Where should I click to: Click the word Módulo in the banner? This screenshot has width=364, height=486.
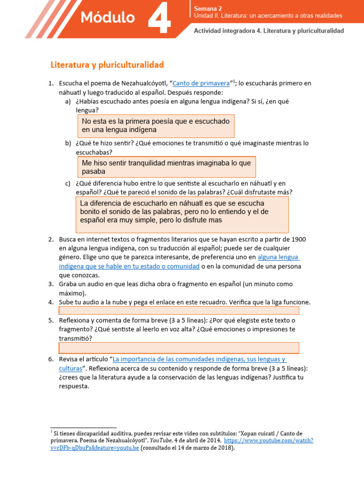108,18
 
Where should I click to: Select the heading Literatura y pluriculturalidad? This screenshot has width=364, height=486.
107,64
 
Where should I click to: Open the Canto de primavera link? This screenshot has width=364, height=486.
201,83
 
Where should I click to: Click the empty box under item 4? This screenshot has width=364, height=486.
179,310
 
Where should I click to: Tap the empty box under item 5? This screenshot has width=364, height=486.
179,348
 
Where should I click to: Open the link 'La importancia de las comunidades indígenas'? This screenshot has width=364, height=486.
199,359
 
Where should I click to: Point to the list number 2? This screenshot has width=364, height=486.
51,239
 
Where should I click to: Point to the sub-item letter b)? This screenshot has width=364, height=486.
68,143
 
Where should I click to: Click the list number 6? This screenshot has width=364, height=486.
51,359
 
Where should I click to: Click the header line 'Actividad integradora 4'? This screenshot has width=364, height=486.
269,30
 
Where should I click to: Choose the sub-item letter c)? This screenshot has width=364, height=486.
68,183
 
